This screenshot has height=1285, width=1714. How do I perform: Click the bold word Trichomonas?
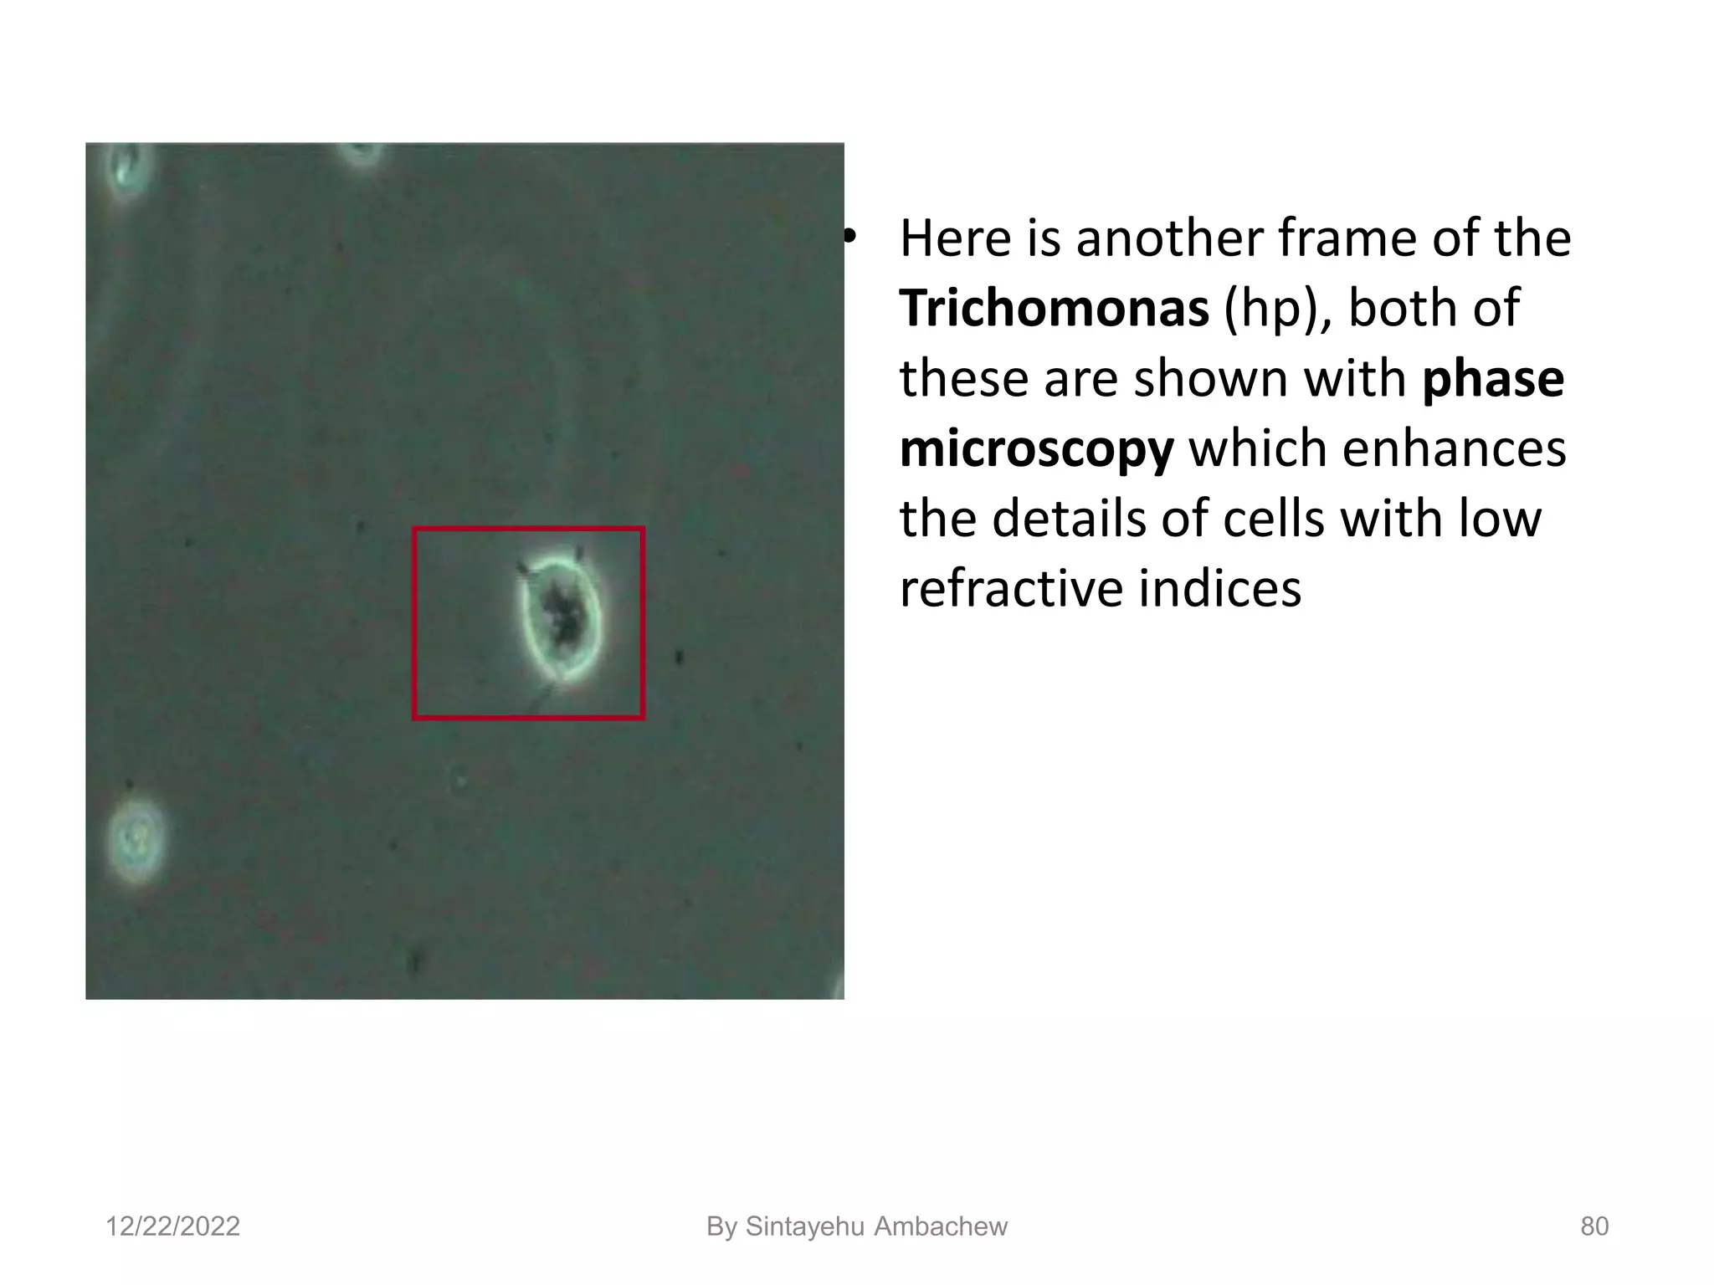pos(1054,308)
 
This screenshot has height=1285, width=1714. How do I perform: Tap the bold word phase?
pos(1492,378)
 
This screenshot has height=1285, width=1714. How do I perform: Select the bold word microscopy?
pos(1036,448)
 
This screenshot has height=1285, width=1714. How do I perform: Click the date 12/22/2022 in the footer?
pos(172,1226)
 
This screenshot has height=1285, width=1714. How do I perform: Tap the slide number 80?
pos(1594,1226)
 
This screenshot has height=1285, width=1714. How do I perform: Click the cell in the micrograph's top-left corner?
pos(127,167)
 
